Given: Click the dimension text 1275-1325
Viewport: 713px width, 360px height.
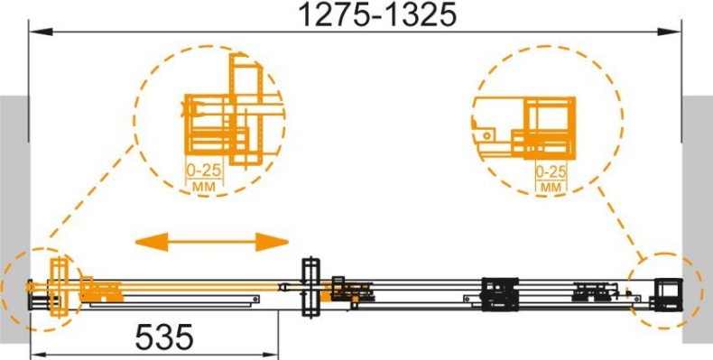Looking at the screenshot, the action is (x=376, y=15).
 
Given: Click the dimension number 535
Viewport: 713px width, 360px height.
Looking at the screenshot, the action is (x=164, y=337).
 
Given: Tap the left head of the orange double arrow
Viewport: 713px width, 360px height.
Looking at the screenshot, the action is (x=152, y=242).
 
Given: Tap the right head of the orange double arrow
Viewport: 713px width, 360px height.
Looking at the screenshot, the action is (x=273, y=242).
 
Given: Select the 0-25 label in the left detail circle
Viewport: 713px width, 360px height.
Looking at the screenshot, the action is (x=204, y=171).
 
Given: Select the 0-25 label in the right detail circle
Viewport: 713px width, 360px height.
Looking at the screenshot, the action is (x=551, y=171).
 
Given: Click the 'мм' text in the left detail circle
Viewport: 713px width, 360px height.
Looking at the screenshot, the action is (x=204, y=186).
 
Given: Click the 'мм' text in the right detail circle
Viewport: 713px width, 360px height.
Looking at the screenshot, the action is (x=551, y=187).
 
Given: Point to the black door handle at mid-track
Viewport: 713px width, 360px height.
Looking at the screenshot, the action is (x=311, y=288).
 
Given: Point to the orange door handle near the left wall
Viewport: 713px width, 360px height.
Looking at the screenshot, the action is (x=59, y=287).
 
